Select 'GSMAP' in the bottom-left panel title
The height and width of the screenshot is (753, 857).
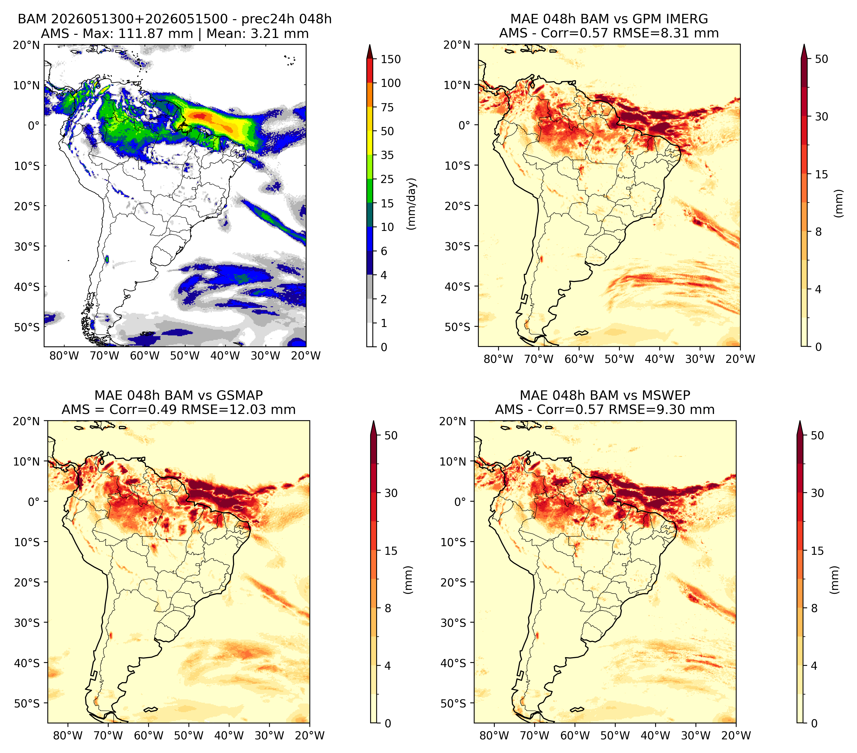pyautogui.click(x=240, y=395)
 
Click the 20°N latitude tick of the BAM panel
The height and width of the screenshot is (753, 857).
pyautogui.click(x=27, y=45)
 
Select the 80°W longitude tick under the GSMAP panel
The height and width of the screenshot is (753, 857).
pyautogui.click(x=68, y=735)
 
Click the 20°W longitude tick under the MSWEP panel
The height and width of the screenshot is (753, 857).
pyautogui.click(x=736, y=735)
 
